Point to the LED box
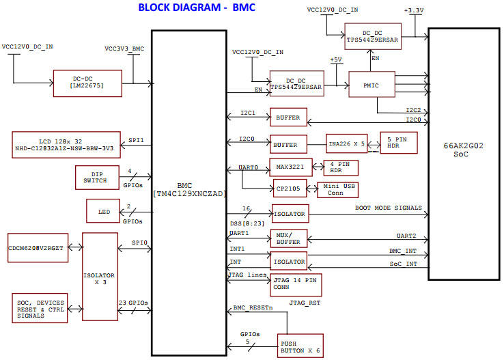103,212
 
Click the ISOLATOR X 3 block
100,276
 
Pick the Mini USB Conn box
337,189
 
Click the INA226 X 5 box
346,145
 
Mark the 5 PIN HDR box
398,143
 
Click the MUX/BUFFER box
289,238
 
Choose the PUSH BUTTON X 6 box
299,345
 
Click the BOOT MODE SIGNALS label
388,208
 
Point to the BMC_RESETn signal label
253,308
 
